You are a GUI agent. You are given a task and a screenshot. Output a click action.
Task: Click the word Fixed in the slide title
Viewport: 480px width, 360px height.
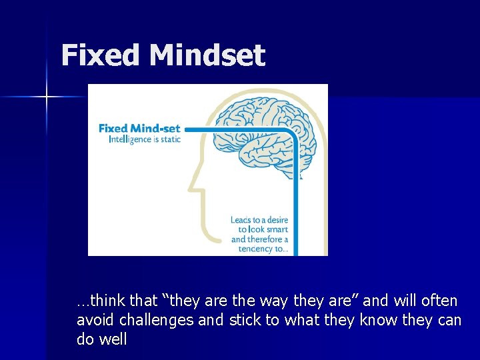101,55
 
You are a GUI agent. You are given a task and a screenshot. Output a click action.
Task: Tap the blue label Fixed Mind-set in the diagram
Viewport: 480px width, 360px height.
139,129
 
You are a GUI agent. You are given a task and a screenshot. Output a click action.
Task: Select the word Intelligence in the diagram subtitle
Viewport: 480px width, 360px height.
130,140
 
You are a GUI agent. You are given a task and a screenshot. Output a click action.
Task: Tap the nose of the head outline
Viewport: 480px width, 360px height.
193,180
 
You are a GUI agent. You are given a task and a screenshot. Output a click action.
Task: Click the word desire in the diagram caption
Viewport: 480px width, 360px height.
275,220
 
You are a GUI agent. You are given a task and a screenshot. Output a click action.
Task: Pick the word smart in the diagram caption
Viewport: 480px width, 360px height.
275,230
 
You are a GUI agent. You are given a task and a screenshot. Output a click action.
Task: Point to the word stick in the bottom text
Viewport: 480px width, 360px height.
245,320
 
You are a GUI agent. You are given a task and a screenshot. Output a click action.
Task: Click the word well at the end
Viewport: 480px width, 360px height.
113,339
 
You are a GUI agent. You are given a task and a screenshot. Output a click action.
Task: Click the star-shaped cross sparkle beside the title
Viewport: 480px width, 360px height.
47,97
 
